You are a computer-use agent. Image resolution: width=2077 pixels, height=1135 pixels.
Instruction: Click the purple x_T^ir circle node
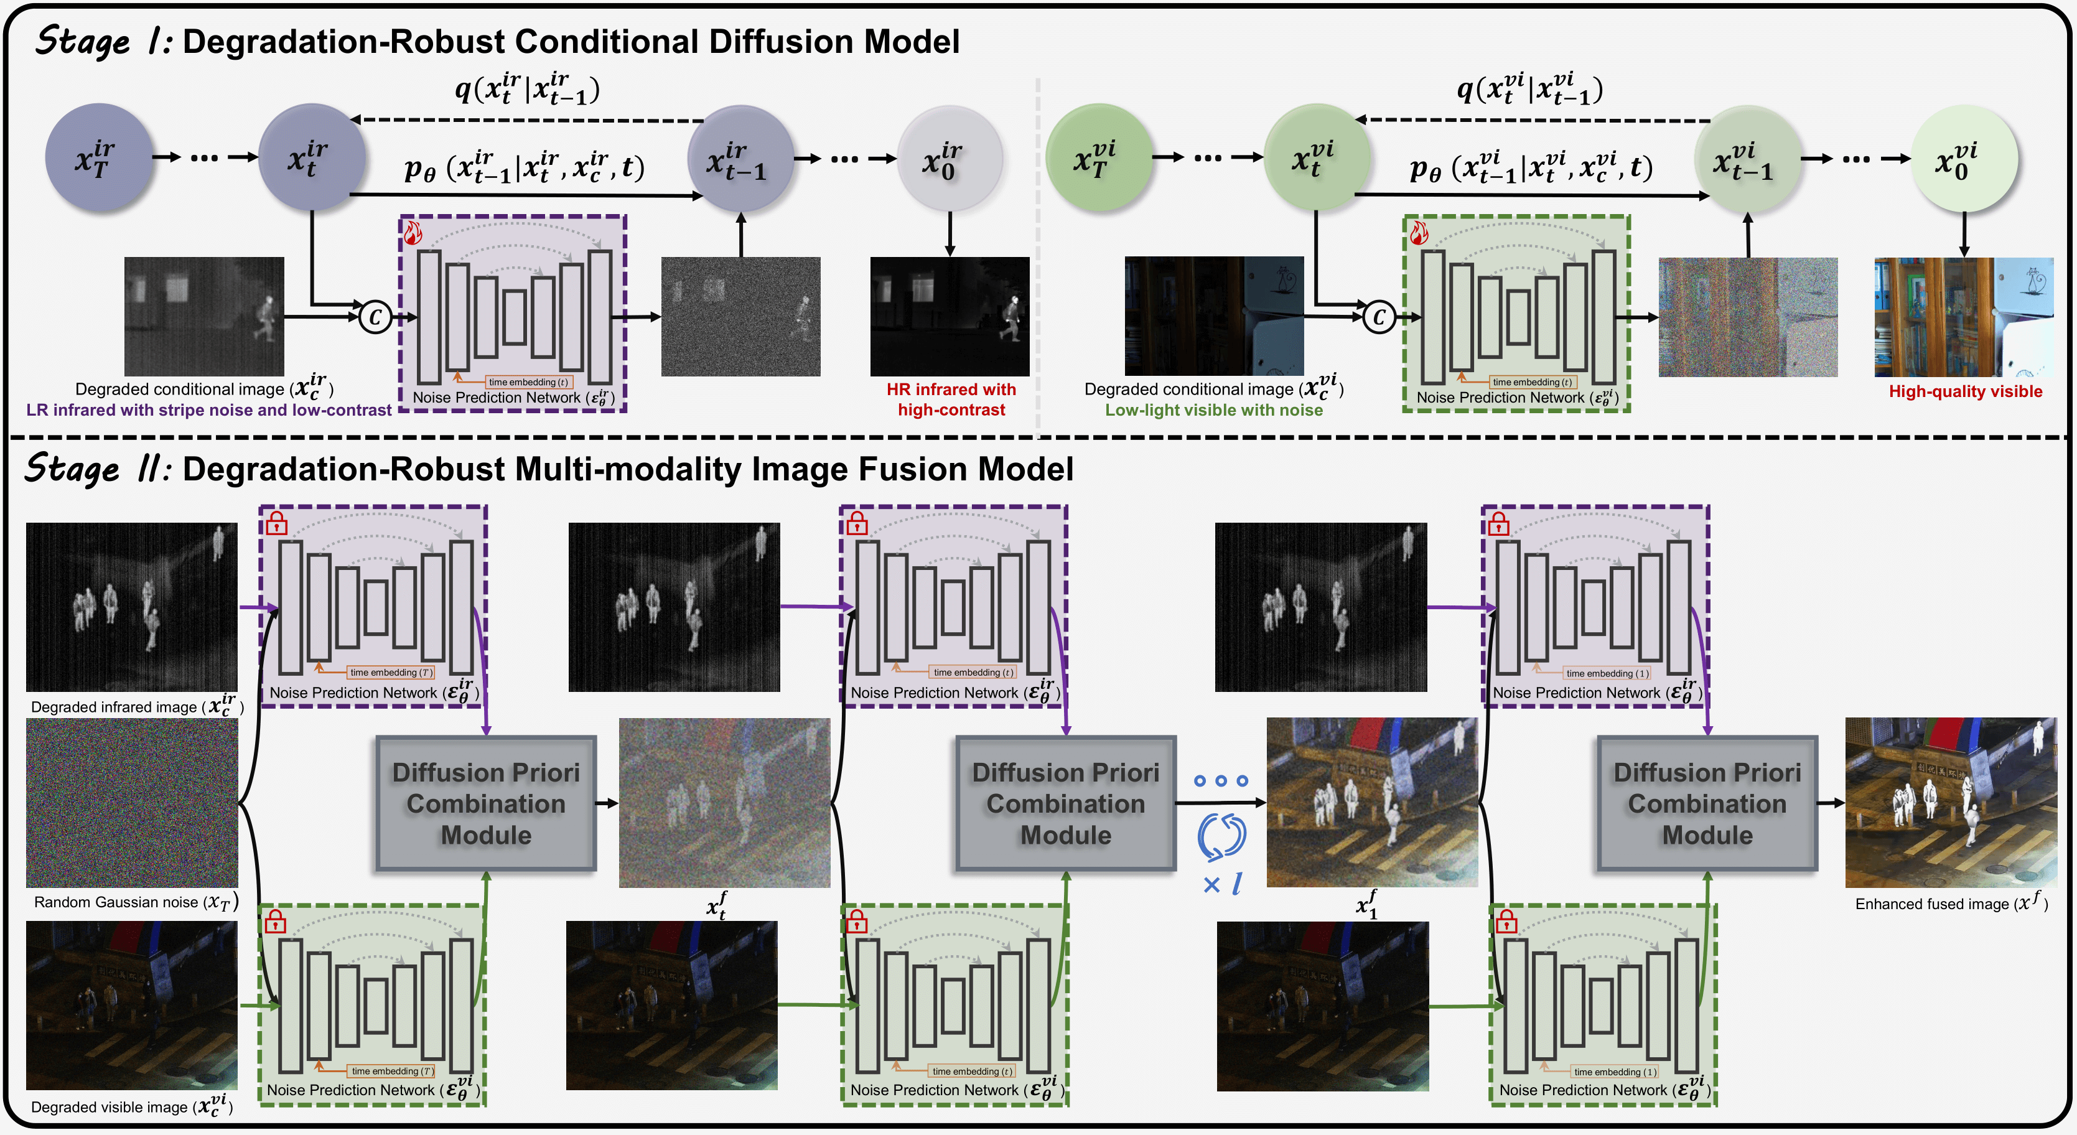point(98,158)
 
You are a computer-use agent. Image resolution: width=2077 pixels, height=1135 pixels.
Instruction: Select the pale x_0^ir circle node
point(949,158)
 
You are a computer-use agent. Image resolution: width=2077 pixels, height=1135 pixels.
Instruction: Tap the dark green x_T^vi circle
point(1098,158)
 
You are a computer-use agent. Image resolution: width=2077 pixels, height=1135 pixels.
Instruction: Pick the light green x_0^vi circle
point(1964,158)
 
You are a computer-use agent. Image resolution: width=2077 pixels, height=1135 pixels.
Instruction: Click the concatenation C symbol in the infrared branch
point(375,317)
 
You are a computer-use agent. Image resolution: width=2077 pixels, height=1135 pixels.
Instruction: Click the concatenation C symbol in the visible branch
point(1379,317)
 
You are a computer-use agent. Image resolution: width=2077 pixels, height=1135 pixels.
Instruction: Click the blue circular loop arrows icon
point(1221,836)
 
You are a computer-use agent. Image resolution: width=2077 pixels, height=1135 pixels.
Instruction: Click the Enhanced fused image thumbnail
point(1951,803)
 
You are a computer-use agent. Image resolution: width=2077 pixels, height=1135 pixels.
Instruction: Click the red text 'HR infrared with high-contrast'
point(951,400)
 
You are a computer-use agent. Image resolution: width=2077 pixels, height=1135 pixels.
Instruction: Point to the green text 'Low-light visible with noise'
point(1213,410)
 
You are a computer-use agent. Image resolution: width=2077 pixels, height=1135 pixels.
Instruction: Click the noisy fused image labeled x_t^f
point(724,803)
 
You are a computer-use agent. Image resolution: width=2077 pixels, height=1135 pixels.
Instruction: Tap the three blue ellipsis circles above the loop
point(1221,780)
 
